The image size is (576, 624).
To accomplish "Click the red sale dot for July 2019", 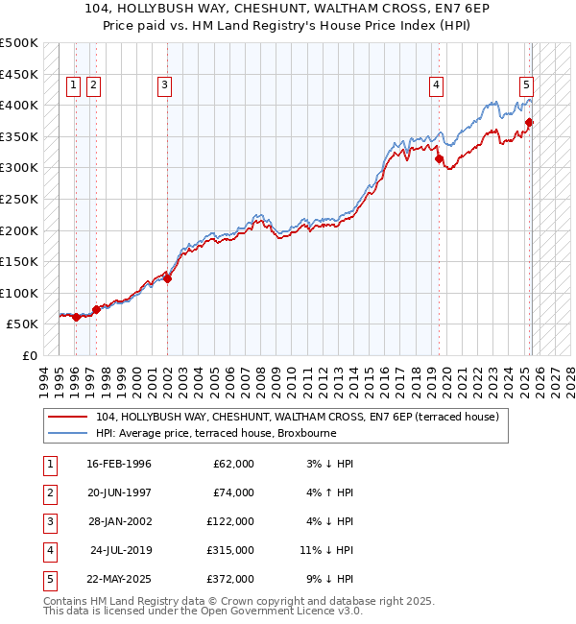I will pyautogui.click(x=439, y=159).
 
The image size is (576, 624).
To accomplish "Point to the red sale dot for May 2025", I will pyautogui.click(x=529, y=123).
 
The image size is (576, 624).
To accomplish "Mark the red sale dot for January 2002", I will pyautogui.click(x=167, y=279).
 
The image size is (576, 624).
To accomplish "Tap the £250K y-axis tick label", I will pyautogui.click(x=19, y=200).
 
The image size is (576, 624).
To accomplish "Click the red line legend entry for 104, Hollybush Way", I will pyautogui.click(x=297, y=418).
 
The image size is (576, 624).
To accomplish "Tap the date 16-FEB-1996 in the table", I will pyautogui.click(x=119, y=464).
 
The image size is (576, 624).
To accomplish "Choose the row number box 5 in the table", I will pyautogui.click(x=48, y=579).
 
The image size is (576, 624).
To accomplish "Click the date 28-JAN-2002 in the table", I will pyautogui.click(x=119, y=521).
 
